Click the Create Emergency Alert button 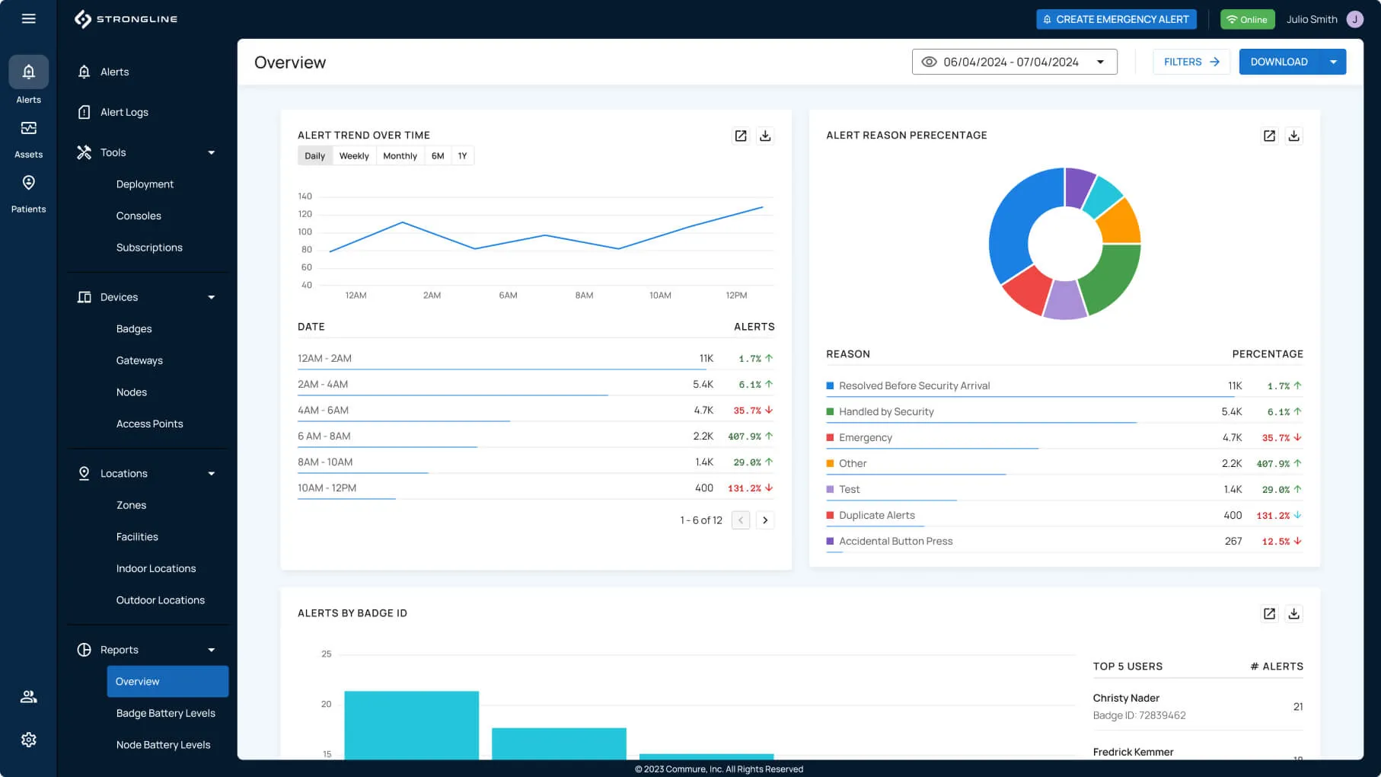1116,19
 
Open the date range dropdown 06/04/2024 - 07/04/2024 1014,62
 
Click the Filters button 1191,62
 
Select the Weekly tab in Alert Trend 354,156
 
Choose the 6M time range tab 438,156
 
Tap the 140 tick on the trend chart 305,197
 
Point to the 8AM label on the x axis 584,296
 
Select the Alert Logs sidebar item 124,112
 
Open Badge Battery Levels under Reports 165,713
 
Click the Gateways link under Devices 139,360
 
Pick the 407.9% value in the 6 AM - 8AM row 745,436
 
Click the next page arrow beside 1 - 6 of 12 765,520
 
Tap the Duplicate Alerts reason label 876,516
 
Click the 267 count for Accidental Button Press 1233,542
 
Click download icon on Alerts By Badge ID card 1293,614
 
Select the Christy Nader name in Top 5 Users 1126,698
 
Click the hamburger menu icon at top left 28,18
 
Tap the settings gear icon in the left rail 28,740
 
